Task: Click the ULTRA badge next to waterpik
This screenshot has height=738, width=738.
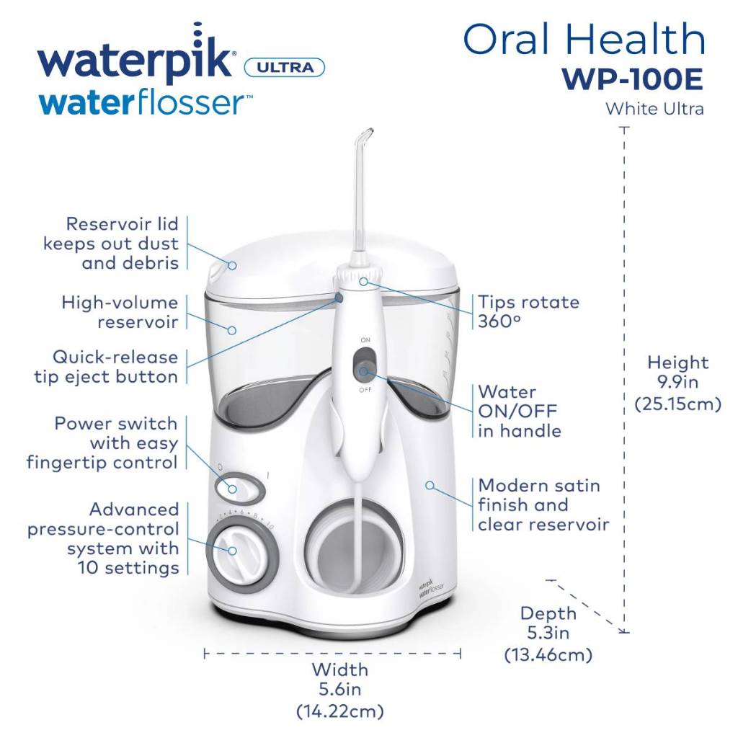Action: pos(285,67)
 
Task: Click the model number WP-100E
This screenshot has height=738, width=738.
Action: pos(633,79)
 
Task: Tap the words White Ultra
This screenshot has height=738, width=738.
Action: pos(654,109)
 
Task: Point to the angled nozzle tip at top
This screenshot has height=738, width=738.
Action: pos(365,136)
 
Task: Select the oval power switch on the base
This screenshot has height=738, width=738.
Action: pos(240,489)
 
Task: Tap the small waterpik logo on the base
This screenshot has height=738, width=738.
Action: pos(431,588)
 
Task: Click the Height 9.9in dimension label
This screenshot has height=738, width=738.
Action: pos(677,383)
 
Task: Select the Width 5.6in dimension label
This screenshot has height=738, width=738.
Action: pos(340,690)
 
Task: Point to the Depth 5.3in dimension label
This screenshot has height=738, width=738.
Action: pos(548,633)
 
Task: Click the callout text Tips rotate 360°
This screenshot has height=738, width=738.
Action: pos(528,311)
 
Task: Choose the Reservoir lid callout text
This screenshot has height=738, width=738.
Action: pos(111,244)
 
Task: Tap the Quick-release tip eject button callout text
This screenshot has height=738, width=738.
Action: pos(107,367)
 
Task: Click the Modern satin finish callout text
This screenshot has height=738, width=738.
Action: pos(543,505)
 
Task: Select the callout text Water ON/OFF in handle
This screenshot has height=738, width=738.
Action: pos(519,412)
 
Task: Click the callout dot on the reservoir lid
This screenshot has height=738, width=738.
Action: pos(232,265)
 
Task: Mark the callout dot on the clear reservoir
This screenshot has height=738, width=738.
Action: pos(231,330)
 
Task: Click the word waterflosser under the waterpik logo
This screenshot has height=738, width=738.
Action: pos(145,103)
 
